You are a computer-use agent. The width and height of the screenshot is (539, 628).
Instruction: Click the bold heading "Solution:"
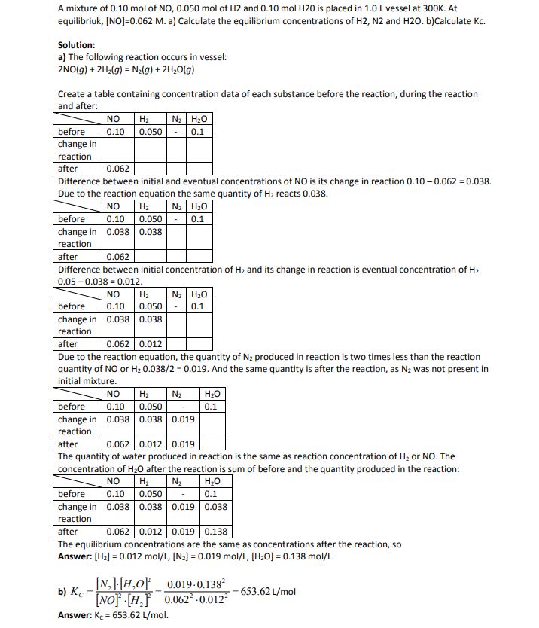[x=76, y=45]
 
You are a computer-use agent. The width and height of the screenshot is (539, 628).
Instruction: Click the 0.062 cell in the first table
[x=118, y=169]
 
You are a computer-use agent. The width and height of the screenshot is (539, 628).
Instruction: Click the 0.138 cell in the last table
[x=215, y=532]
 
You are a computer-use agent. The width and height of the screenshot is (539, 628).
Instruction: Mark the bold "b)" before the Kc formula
[x=63, y=592]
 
